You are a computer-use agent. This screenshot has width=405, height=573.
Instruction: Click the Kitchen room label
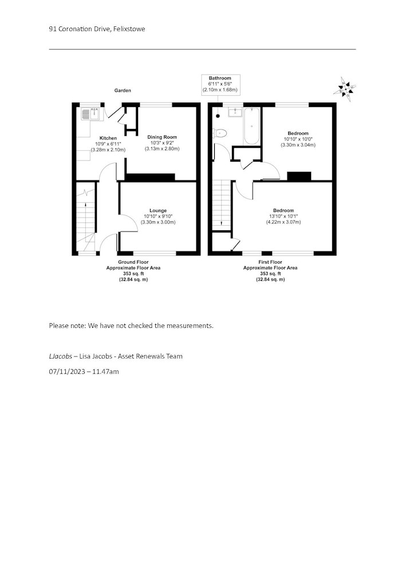pos(108,138)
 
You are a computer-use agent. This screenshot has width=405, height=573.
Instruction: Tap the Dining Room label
pos(162,137)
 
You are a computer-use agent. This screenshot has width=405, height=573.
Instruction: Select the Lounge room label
pos(158,210)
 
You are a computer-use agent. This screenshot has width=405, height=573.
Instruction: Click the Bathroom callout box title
pos(220,78)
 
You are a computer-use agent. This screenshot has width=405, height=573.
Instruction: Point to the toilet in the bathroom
pos(220,133)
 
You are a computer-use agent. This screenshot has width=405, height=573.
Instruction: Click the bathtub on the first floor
pos(252,125)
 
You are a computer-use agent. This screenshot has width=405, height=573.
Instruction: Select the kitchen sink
pos(91,113)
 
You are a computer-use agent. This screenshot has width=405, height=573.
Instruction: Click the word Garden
pos(123,91)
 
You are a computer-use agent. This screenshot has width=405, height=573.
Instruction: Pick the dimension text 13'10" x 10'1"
pos(284,217)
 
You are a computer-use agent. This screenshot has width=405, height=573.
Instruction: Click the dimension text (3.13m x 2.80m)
pos(162,149)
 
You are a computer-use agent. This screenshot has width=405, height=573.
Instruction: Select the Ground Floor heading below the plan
pos(133,262)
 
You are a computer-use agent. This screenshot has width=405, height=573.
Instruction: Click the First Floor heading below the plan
pos(270,262)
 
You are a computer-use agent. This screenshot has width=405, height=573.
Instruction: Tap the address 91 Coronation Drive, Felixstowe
pos(97,29)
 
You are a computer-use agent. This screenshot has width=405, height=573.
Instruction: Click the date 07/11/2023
pos(67,372)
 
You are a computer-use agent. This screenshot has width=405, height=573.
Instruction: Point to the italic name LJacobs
pos(60,356)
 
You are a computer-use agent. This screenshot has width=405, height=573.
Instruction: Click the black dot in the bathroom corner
pos(218,116)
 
